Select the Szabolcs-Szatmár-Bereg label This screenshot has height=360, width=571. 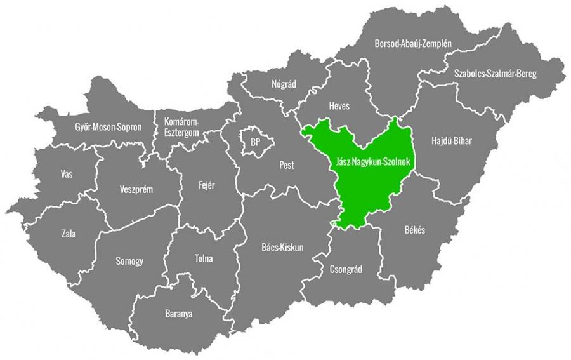pos(495,74)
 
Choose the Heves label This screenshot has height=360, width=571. pos(339,106)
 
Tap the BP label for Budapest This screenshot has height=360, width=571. pos(255,142)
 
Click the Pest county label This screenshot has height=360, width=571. pos(287,165)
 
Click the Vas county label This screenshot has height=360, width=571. pos(66,173)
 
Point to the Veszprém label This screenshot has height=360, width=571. pos(136,189)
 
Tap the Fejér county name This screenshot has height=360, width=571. pos(207,185)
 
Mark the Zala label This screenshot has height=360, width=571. pos(69,234)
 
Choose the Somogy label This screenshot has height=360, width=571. pos(129,261)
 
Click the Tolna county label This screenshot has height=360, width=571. pos(204,258)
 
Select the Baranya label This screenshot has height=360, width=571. pos(178,314)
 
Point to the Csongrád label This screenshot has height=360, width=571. pos(346,269)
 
